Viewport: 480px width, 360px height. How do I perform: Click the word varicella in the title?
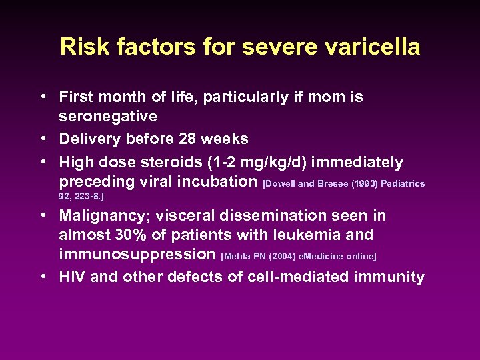373,47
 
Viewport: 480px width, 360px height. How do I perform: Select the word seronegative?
108,117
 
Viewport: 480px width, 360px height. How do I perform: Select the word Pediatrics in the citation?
403,183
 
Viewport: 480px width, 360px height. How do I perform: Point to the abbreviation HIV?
72,277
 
